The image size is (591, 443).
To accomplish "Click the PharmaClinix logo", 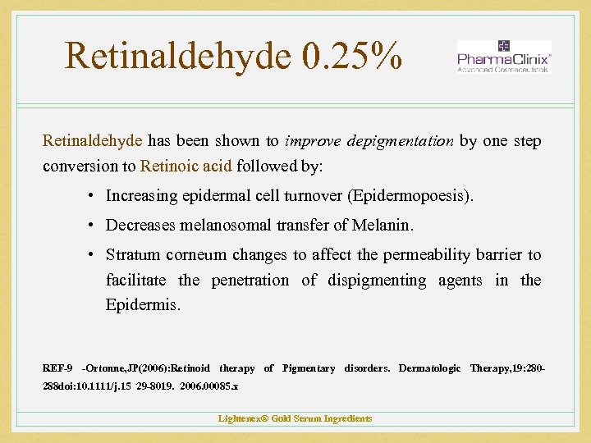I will (x=503, y=57).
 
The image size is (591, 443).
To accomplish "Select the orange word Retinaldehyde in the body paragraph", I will (x=92, y=141).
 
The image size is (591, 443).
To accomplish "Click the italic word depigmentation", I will (x=400, y=141).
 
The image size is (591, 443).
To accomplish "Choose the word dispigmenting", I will (x=377, y=281).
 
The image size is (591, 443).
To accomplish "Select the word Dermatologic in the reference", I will (x=430, y=369).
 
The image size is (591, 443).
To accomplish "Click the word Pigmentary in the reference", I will (x=309, y=369).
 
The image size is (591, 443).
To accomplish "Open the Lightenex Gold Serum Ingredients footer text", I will (x=295, y=418).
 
